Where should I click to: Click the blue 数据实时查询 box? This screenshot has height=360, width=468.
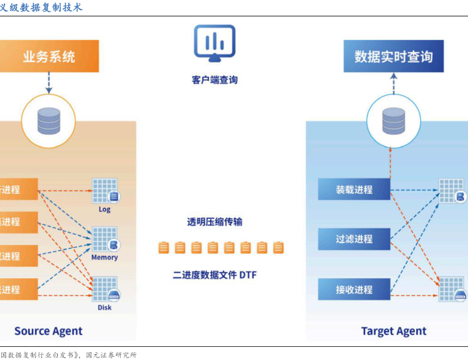tap(393, 56)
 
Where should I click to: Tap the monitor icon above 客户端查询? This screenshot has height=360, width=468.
tap(214, 43)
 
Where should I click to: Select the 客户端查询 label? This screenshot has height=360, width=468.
tap(215, 80)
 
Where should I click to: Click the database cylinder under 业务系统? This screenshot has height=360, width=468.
tap(49, 120)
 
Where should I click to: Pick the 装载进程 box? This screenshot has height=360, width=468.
tap(354, 190)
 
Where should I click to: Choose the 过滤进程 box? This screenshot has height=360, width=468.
tap(354, 239)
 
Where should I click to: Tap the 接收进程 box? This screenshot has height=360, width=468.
tap(354, 289)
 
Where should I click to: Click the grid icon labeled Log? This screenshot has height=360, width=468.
tap(105, 191)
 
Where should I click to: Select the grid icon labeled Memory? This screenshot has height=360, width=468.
tap(105, 239)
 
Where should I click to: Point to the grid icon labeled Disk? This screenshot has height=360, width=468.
tap(105, 289)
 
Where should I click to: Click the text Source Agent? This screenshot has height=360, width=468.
tap(49, 330)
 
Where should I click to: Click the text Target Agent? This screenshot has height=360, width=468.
tap(393, 331)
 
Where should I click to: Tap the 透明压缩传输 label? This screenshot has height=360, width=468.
tap(215, 222)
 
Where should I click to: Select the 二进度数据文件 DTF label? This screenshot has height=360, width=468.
tap(215, 275)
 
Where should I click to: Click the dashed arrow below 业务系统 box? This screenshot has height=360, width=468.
tap(49, 82)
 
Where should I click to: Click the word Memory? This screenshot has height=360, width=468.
tap(104, 257)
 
